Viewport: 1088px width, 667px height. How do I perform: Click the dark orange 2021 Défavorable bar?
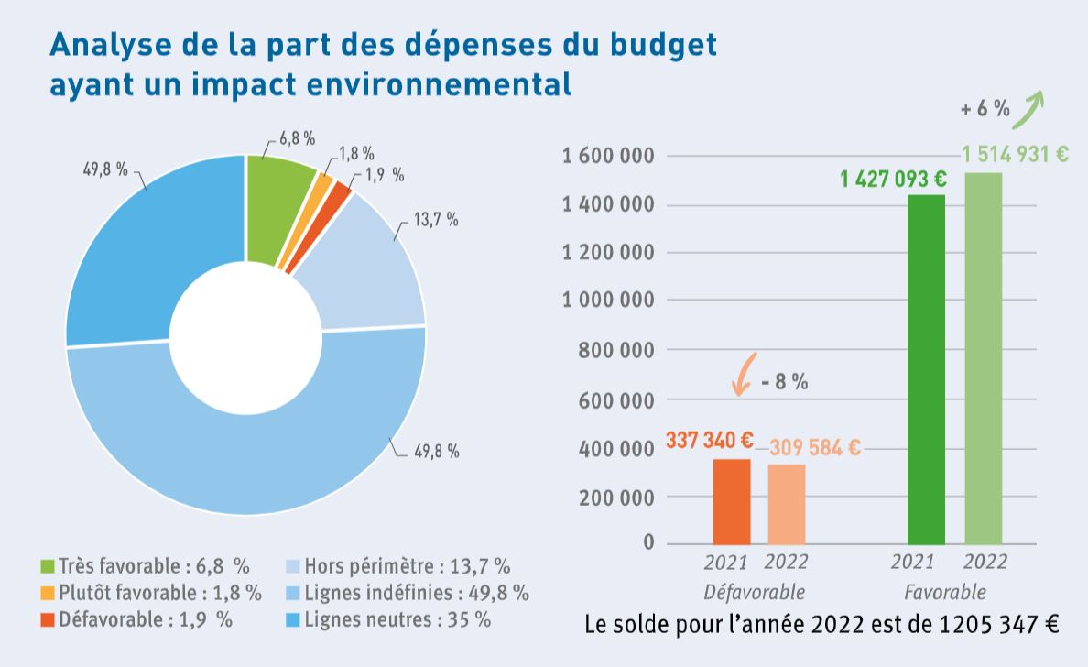tap(731, 501)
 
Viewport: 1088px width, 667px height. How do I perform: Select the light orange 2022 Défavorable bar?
tap(787, 504)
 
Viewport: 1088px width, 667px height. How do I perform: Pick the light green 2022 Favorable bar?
tap(983, 358)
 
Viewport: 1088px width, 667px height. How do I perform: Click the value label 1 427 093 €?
tap(893, 179)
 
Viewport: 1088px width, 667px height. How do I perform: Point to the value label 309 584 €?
tap(814, 447)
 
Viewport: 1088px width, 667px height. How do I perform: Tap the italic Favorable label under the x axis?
tap(945, 590)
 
